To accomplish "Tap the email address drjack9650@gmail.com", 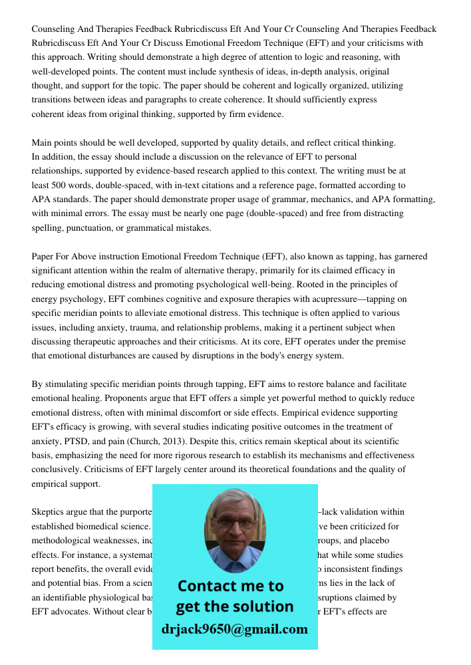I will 235,629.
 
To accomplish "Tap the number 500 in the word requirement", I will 59,185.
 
